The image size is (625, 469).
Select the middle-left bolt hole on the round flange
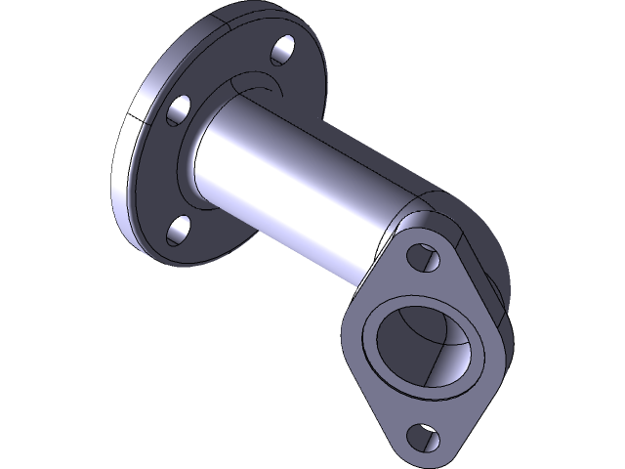(x=178, y=109)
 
